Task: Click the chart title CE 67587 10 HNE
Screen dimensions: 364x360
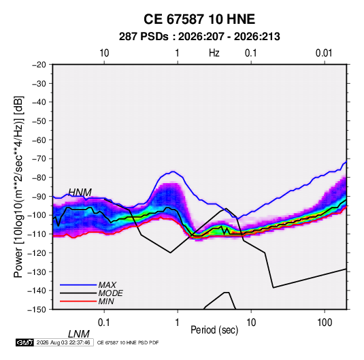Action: (x=199, y=19)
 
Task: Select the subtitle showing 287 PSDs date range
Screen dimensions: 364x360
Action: (x=199, y=37)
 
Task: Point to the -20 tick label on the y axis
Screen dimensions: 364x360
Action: (x=39, y=65)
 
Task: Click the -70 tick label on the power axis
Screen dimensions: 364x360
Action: (x=39, y=159)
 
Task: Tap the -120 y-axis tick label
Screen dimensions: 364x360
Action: (x=37, y=253)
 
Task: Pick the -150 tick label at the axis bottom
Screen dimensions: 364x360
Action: (x=37, y=310)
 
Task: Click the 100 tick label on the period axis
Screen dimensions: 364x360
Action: (x=325, y=323)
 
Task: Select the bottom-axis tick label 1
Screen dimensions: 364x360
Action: (x=178, y=323)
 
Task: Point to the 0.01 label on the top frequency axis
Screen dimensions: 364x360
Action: (x=324, y=53)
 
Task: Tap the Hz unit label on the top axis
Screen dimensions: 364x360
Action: (x=214, y=53)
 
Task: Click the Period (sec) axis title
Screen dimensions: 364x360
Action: (x=214, y=330)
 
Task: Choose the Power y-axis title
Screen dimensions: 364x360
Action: (x=18, y=186)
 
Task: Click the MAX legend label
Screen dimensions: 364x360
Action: (x=107, y=285)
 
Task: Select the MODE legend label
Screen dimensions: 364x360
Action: (x=110, y=293)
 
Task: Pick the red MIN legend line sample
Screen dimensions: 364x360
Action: (x=78, y=301)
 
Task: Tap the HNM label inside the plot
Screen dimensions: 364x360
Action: (x=80, y=193)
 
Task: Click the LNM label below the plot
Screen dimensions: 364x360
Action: (x=79, y=334)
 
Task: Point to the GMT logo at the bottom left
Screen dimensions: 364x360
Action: (x=24, y=342)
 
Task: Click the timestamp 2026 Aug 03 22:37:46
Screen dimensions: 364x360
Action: (x=63, y=342)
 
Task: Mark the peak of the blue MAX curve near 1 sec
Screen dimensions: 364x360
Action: (x=173, y=171)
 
